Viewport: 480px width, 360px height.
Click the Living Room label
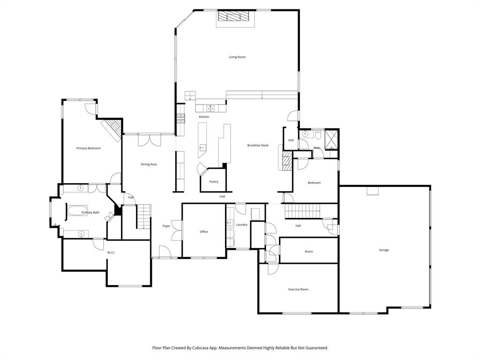coord(237,57)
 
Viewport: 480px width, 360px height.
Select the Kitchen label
coord(204,117)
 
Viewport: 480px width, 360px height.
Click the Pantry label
coord(214,182)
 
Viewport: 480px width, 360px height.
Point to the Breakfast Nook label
coord(258,145)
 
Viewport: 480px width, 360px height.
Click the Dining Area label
coord(149,164)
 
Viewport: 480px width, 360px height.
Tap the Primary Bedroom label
coord(89,148)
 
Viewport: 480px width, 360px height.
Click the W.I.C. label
coord(111,253)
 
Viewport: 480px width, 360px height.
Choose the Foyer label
coord(166,226)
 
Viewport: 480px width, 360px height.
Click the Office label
coord(203,232)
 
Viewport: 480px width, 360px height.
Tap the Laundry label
coord(242,225)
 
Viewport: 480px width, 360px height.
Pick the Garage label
coord(384,250)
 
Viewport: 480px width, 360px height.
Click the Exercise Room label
coord(298,289)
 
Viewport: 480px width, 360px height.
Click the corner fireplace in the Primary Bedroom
coord(111,129)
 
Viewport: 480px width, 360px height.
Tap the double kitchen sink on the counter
coord(211,109)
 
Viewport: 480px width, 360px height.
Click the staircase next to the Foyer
coord(144,216)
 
